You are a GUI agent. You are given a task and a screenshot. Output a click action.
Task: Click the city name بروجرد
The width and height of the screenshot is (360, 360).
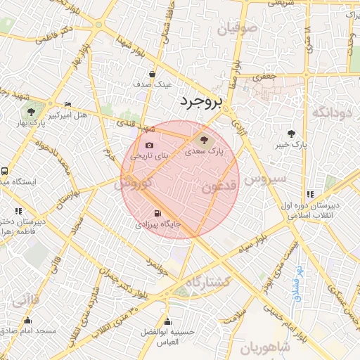(x=200, y=103)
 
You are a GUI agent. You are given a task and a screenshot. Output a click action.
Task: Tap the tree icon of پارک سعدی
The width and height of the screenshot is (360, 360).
(x=204, y=139)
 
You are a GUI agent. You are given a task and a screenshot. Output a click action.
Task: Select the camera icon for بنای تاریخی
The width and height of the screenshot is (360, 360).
(x=149, y=145)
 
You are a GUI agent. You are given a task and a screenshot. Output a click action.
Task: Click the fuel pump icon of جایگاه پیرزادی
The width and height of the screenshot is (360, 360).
(x=155, y=214)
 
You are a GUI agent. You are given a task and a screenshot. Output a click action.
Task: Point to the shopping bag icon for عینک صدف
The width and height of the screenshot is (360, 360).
(x=153, y=74)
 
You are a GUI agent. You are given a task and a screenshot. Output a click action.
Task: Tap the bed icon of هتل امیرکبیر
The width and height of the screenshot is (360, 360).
(x=67, y=104)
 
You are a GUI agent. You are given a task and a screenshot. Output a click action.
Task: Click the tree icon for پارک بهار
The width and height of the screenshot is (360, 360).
(x=31, y=112)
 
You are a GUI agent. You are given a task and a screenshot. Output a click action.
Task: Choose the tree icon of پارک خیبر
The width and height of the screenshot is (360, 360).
(x=292, y=134)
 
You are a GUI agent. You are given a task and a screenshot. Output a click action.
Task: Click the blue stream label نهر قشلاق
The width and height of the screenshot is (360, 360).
(x=298, y=284)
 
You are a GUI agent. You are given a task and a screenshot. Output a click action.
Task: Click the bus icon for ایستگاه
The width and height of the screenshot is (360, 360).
(x=5, y=171)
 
